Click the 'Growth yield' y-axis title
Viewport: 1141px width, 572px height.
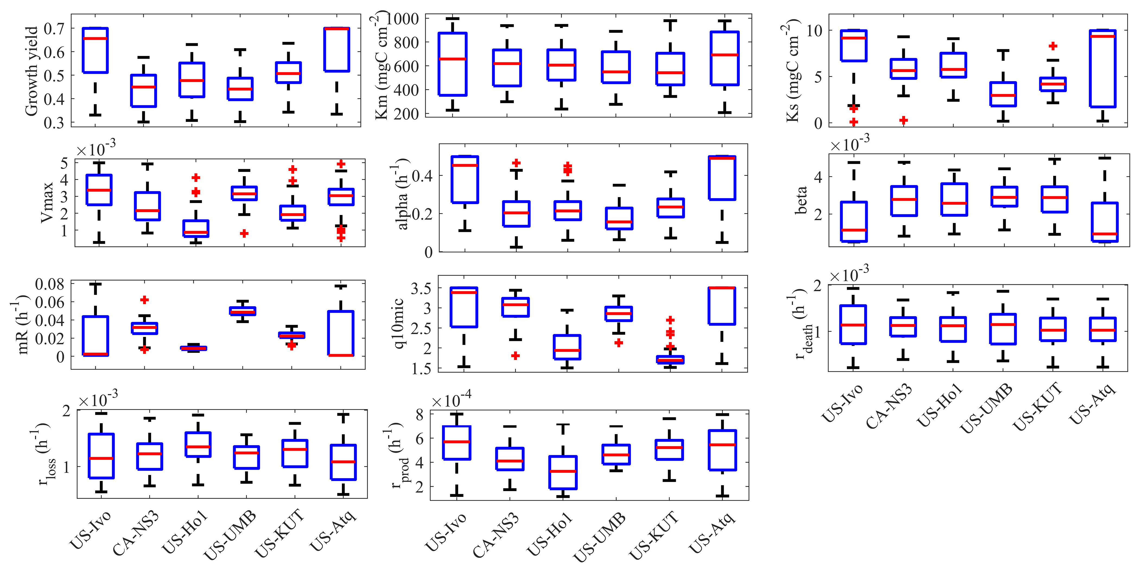(x=32, y=71)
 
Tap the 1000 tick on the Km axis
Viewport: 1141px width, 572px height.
(x=403, y=19)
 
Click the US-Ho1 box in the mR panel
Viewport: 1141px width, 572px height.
(x=193, y=348)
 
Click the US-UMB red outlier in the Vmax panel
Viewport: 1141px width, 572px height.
(x=244, y=233)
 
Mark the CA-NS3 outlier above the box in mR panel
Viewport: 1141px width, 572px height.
(x=144, y=300)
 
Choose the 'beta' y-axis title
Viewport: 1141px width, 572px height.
(x=801, y=200)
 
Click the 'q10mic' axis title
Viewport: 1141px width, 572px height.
(x=398, y=323)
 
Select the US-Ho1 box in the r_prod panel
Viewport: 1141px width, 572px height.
(x=563, y=472)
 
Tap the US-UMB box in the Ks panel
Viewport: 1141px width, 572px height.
(x=1003, y=94)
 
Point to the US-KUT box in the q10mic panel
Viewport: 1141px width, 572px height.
(x=670, y=360)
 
